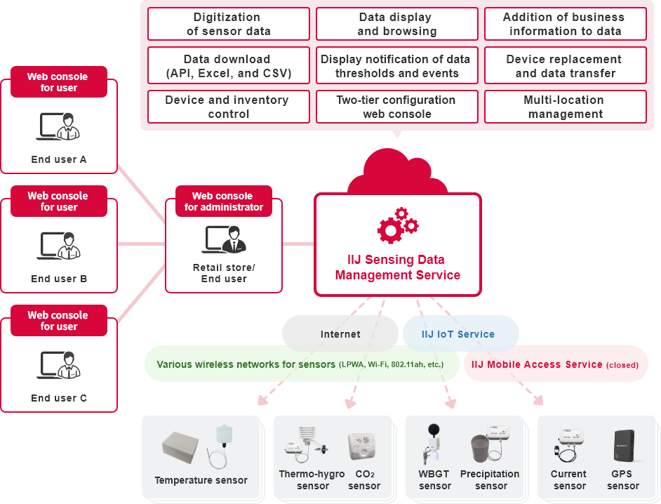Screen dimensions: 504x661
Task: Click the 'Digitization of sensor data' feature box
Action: point(229,25)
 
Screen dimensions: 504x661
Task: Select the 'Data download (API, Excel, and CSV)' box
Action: point(229,66)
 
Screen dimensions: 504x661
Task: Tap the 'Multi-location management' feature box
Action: point(566,107)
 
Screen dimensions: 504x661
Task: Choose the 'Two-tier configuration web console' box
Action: point(397,107)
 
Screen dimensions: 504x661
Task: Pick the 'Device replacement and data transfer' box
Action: point(566,66)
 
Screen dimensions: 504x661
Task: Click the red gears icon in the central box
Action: point(398,225)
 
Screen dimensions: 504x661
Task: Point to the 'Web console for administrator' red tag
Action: point(223,201)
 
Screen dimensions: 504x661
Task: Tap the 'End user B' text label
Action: point(59,279)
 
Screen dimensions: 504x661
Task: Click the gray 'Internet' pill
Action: point(340,334)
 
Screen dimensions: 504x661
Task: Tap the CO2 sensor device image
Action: point(364,446)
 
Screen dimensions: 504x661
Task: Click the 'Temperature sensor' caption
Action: point(201,481)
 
